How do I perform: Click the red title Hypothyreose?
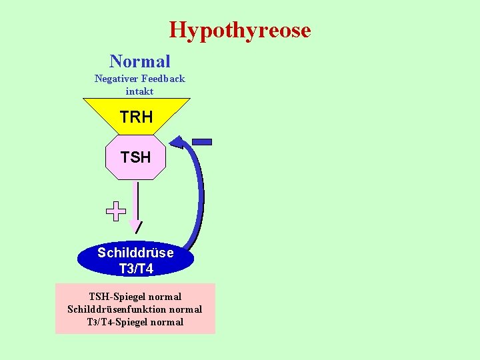[x=240, y=30]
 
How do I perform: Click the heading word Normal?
[x=140, y=61]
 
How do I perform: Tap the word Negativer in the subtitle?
[x=116, y=79]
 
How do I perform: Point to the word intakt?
[x=139, y=91]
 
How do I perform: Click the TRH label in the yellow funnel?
[x=136, y=117]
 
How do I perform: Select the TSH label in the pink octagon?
[x=135, y=157]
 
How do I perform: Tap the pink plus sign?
[x=116, y=211]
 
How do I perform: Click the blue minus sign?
[x=201, y=141]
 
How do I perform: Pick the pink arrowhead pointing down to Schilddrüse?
[x=136, y=226]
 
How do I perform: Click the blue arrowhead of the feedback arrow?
[x=178, y=141]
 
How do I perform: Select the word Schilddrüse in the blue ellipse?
[x=135, y=253]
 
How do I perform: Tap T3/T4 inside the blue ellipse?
[x=135, y=269]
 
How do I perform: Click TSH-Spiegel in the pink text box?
[x=118, y=297]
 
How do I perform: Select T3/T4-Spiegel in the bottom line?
[x=118, y=322]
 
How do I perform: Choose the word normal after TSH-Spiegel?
[x=166, y=297]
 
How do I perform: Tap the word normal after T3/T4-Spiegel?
[x=167, y=322]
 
